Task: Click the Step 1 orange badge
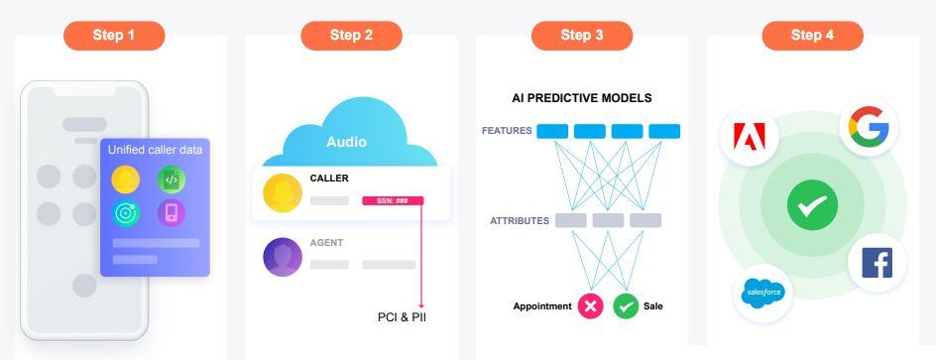[114, 36]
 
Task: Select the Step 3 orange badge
[582, 36]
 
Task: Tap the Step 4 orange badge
[812, 36]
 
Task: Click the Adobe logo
[749, 136]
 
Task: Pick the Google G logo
[870, 127]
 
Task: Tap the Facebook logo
[877, 263]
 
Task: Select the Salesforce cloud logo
[762, 294]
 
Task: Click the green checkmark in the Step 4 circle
[812, 204]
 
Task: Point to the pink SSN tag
[393, 200]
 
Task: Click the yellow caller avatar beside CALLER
[283, 192]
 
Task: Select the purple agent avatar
[283, 257]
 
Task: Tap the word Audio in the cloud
[346, 142]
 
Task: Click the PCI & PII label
[403, 317]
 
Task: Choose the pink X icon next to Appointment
[590, 306]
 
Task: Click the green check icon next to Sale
[626, 306]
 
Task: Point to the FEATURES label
[507, 131]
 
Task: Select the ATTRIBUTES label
[520, 221]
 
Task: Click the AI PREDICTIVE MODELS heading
[582, 98]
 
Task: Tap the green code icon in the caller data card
[172, 180]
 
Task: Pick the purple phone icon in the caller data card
[172, 213]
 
